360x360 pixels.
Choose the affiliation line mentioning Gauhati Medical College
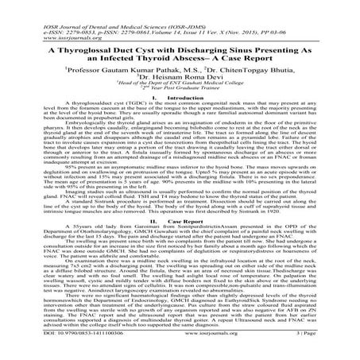click(x=180, y=91)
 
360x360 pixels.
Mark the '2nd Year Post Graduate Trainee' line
click(x=180, y=96)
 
